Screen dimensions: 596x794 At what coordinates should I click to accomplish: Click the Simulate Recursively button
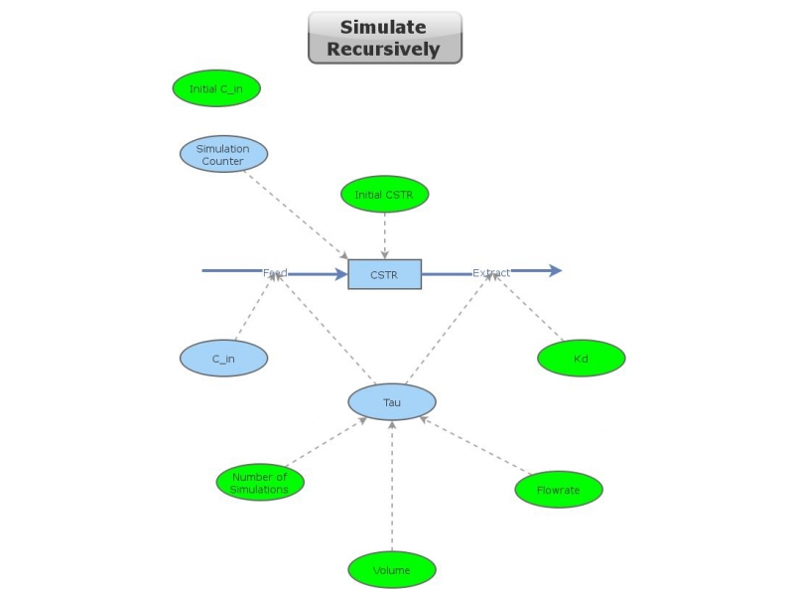tap(385, 38)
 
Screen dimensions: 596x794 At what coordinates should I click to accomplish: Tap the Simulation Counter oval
tap(223, 154)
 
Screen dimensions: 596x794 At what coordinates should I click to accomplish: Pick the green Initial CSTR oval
tap(384, 194)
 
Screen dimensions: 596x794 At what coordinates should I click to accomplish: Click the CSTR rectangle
tap(384, 274)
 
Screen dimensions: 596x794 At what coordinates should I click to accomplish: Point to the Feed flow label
tap(275, 272)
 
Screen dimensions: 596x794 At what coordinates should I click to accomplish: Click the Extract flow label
tap(491, 272)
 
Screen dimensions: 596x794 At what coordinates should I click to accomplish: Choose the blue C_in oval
tap(223, 359)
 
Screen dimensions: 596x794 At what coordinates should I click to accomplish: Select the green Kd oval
tap(582, 359)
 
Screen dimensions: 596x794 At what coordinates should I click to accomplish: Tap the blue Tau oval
tap(392, 402)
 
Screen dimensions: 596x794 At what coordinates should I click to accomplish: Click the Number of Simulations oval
tap(260, 483)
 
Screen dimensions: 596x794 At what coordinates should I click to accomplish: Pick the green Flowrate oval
tap(559, 489)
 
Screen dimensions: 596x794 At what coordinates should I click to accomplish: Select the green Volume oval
tap(392, 570)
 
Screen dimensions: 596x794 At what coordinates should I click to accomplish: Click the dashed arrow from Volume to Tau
tap(392, 487)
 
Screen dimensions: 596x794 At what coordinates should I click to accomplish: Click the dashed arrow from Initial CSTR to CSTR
tap(384, 235)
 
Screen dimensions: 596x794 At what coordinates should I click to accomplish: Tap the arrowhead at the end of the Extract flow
tap(553, 270)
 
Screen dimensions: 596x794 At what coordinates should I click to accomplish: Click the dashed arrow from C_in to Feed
tap(252, 309)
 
